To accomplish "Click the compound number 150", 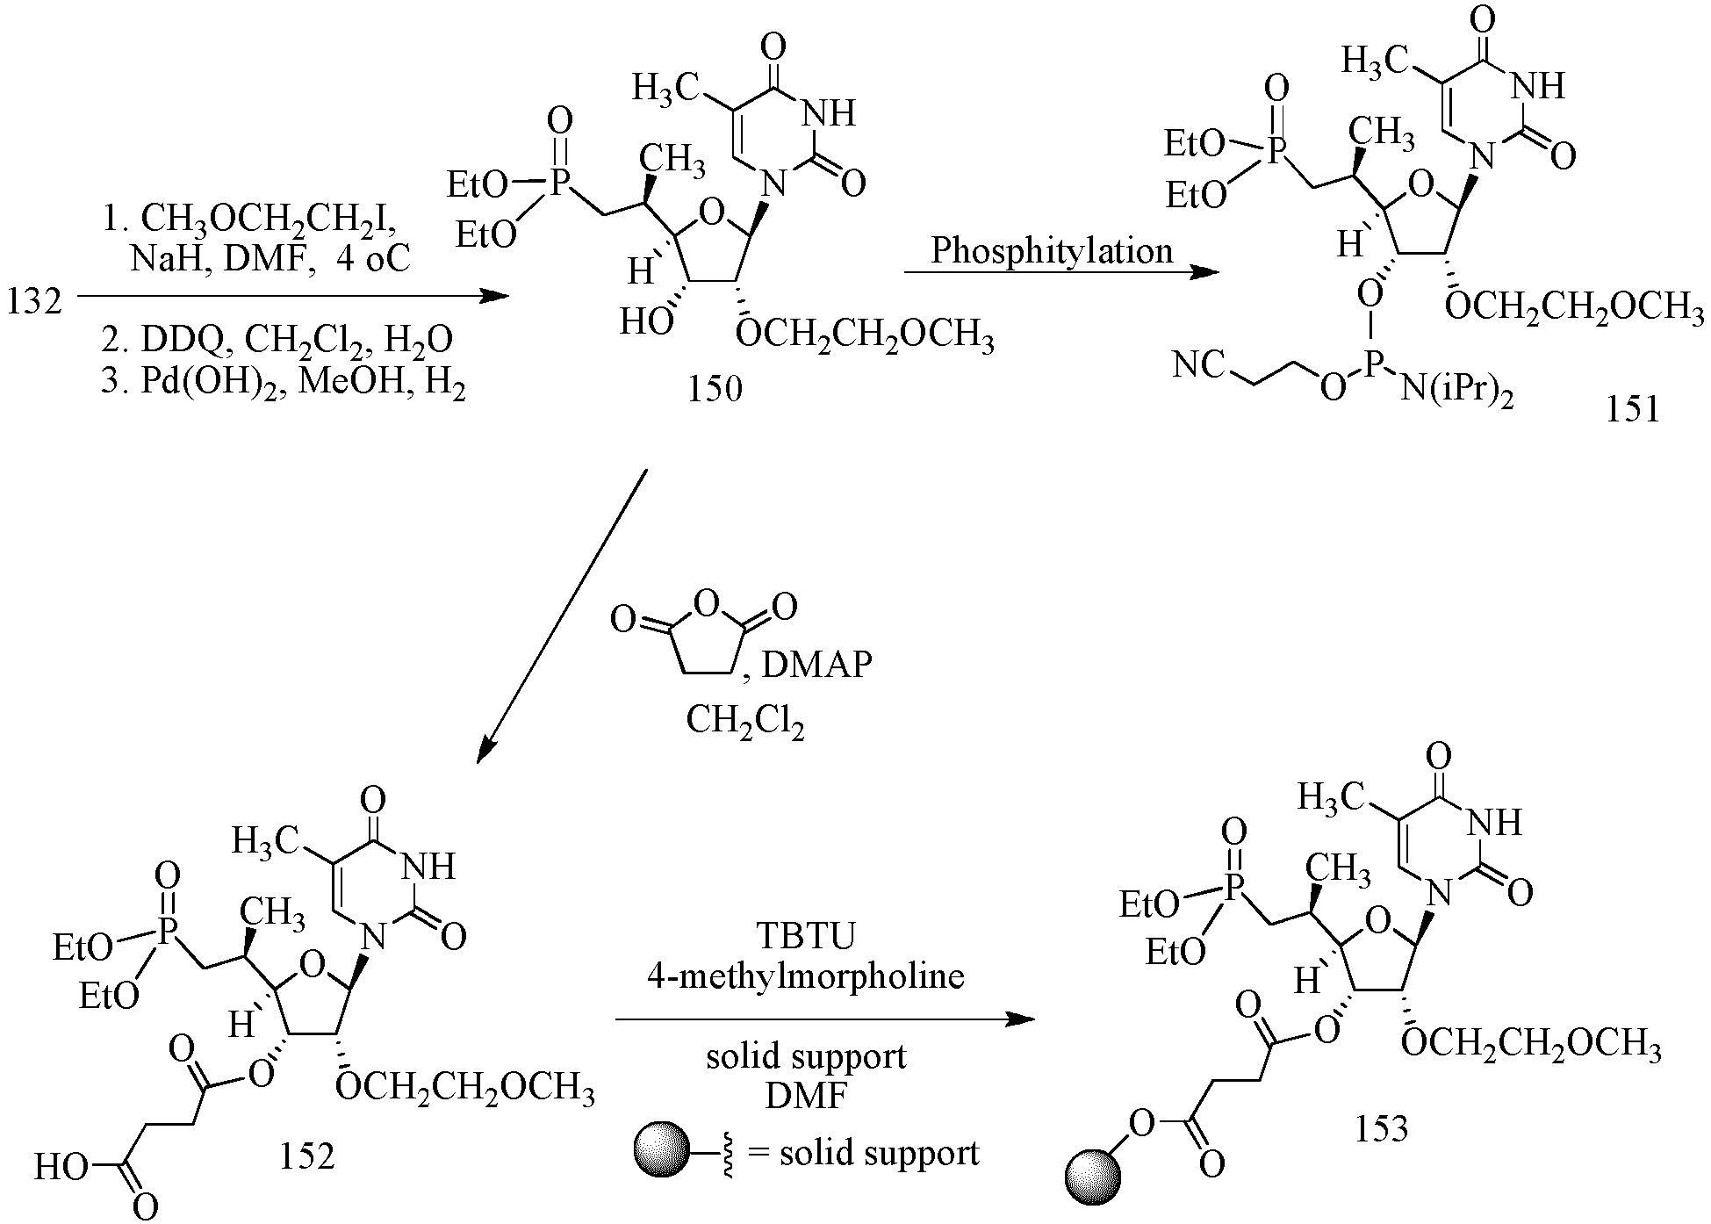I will [x=715, y=387].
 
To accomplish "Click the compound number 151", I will [x=1633, y=408].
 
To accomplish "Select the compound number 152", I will [x=307, y=1156].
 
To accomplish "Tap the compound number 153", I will [x=1381, y=1127].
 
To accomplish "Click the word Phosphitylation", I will [x=1052, y=251].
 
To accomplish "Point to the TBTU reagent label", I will [x=805, y=937].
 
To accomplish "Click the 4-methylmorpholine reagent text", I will [x=805, y=975].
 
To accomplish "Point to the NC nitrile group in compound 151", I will [x=1199, y=364].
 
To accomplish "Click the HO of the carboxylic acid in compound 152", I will [x=61, y=1168].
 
